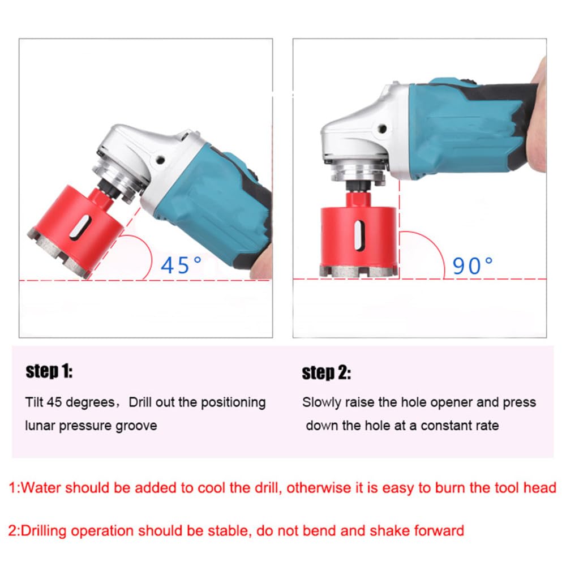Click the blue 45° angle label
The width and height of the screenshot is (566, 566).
(181, 265)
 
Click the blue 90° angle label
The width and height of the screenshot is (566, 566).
(473, 266)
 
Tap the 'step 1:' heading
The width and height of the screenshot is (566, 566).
(49, 372)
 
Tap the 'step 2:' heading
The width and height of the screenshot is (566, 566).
(327, 372)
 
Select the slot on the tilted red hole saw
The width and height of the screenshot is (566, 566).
(80, 227)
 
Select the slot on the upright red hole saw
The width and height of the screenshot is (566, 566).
(358, 235)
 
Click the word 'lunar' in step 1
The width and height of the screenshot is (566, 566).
(40, 426)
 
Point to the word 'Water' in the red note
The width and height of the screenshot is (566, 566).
(41, 488)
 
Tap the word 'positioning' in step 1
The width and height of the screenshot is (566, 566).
(233, 402)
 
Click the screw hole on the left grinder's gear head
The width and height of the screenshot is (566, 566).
(161, 160)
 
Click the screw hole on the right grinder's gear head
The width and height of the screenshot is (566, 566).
(382, 128)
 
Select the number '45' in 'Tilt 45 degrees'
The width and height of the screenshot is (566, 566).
(54, 402)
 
